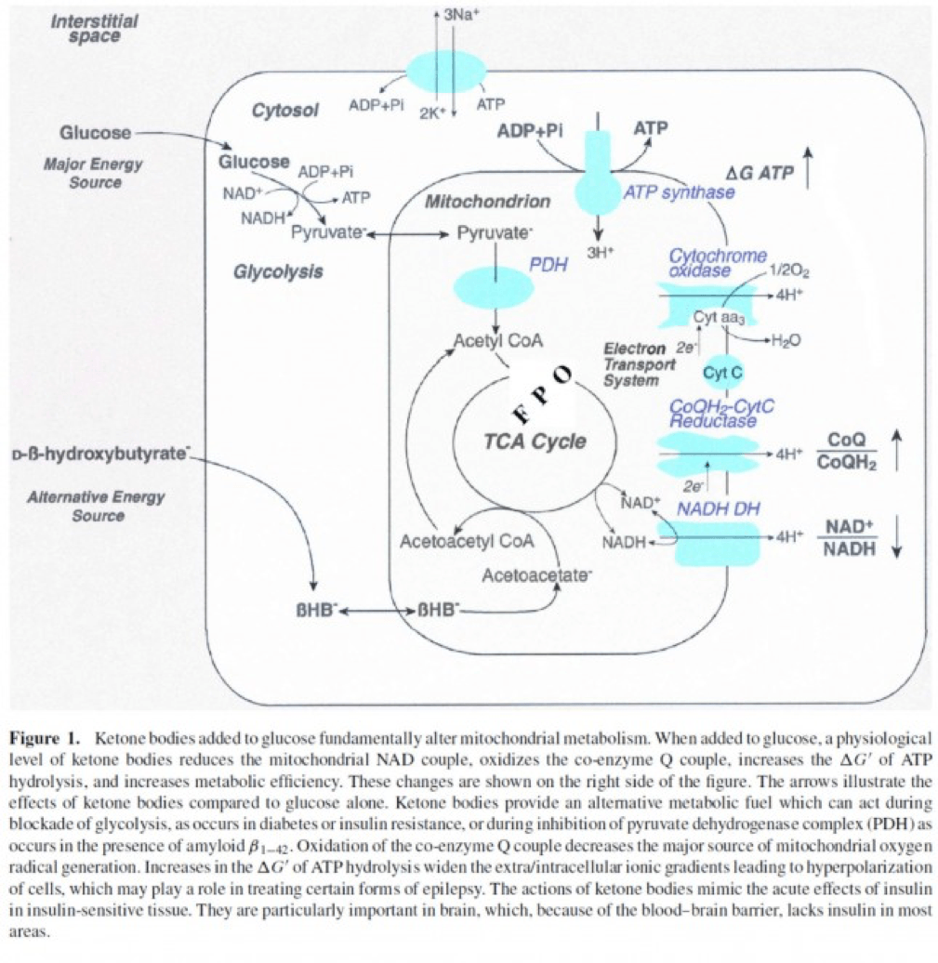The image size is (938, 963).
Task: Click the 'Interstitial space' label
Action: pyautogui.click(x=95, y=28)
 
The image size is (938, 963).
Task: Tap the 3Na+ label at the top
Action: pyautogui.click(x=460, y=15)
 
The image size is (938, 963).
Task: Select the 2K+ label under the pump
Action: pyautogui.click(x=433, y=113)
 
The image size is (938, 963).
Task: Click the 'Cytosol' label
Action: pyautogui.click(x=284, y=111)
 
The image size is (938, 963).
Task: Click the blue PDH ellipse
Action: pyautogui.click(x=495, y=288)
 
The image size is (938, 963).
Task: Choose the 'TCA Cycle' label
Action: pyautogui.click(x=535, y=441)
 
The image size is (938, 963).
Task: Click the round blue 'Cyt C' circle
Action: pyautogui.click(x=720, y=373)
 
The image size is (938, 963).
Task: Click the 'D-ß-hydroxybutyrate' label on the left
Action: pyautogui.click(x=101, y=455)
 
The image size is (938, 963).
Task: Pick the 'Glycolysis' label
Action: pyautogui.click(x=278, y=271)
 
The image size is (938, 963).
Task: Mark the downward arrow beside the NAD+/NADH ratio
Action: pyautogui.click(x=896, y=538)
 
